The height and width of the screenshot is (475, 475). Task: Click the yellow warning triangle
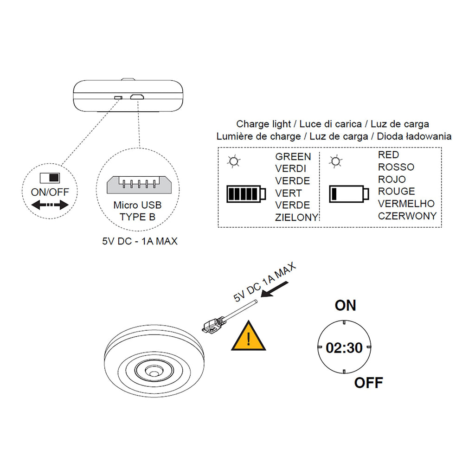point(249,337)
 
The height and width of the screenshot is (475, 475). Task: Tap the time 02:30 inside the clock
point(344,348)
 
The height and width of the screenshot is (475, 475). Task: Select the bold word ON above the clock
point(345,305)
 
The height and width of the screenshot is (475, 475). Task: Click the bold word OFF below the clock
point(369,383)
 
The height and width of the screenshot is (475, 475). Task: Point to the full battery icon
point(246,194)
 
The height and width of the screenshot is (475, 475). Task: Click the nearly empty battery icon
point(349,194)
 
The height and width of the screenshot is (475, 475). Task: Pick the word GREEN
point(293,157)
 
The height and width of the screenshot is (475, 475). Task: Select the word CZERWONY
point(407,216)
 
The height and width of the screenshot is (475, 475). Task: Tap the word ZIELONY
point(296,217)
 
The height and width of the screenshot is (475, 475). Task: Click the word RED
point(388,155)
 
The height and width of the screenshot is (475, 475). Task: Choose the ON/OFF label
point(50,192)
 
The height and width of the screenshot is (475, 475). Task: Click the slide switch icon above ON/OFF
point(50,178)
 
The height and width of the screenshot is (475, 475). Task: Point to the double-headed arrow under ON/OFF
point(50,205)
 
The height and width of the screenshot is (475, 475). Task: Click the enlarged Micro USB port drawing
point(139,185)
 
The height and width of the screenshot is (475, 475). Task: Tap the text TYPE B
point(137,217)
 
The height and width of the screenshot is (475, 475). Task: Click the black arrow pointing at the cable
point(274,289)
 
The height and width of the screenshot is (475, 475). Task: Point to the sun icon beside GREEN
point(234,161)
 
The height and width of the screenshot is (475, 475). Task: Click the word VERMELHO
point(406,204)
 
